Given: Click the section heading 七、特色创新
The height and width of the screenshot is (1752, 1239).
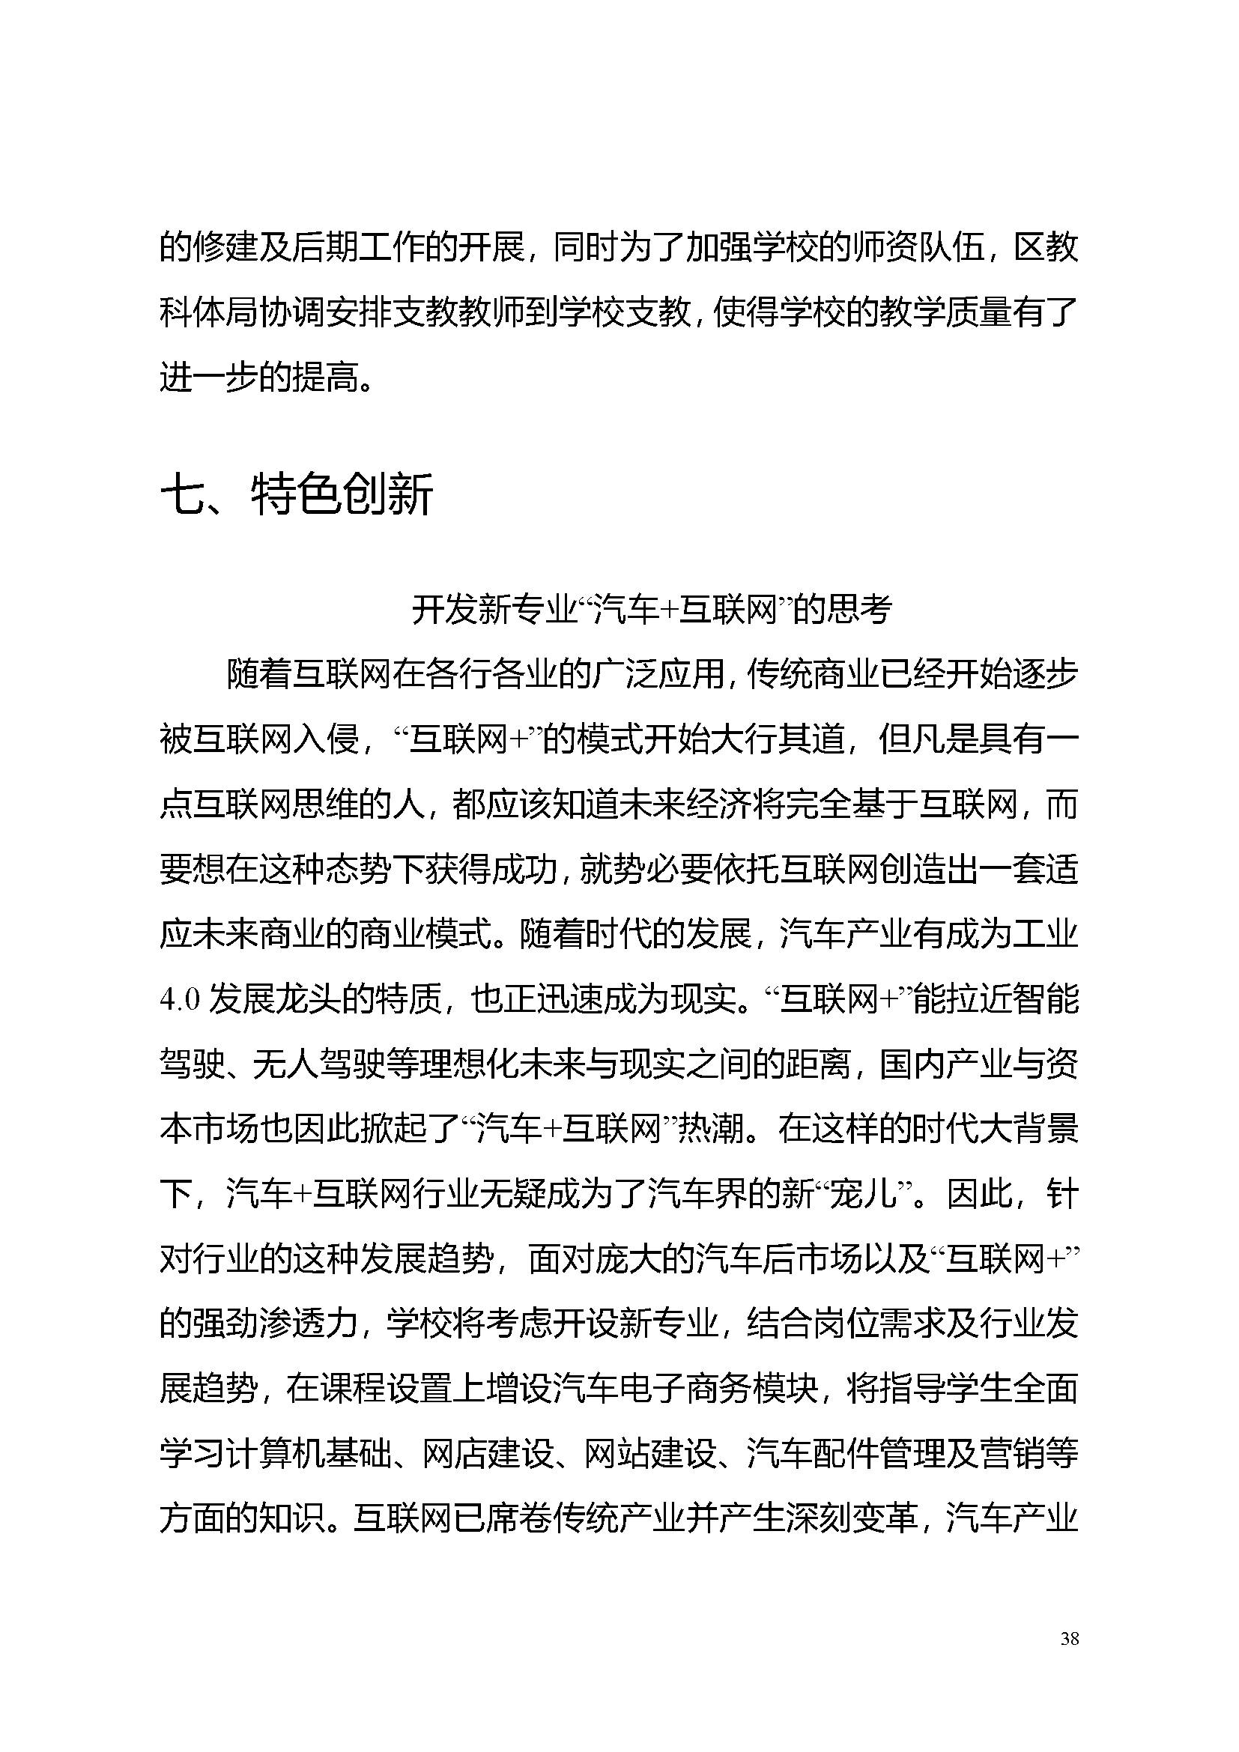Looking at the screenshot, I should click(x=297, y=494).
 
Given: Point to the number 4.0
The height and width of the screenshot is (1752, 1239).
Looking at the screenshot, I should click(x=180, y=1000).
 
